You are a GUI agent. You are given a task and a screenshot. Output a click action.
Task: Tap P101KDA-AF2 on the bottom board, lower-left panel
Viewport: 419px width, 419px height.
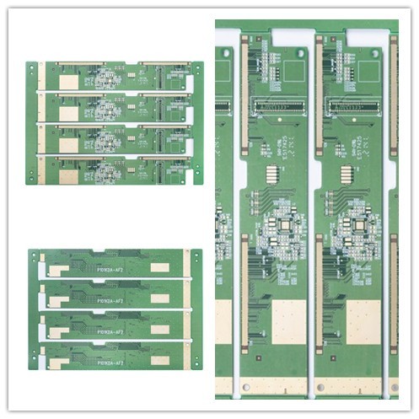point(110,363)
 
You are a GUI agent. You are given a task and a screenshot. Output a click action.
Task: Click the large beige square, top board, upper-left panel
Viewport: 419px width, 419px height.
point(67,80)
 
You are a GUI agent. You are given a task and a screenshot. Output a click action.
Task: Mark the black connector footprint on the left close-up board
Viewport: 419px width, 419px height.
point(282,106)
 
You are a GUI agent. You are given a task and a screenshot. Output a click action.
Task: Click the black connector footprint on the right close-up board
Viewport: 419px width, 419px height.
point(353,106)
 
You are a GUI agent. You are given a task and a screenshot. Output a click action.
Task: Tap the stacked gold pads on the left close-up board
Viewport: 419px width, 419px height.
point(272,176)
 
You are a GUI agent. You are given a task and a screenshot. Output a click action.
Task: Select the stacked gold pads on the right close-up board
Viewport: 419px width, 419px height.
point(345,176)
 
